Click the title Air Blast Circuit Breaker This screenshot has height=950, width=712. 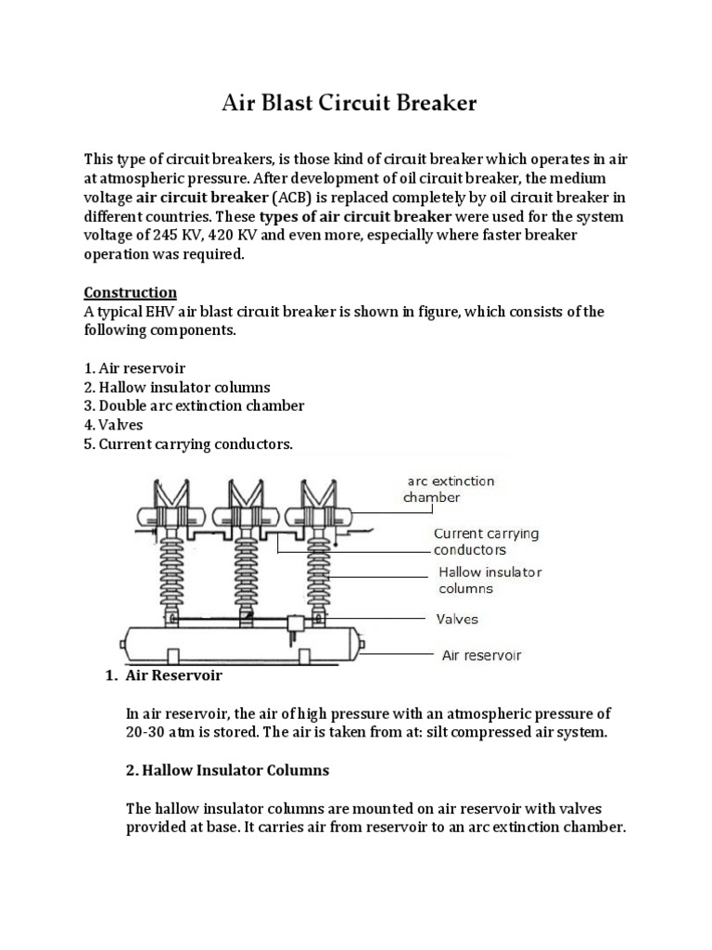(x=350, y=102)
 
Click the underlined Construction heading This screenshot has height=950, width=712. (x=130, y=293)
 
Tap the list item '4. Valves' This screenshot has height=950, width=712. (x=117, y=425)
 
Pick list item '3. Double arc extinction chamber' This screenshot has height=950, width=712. (x=194, y=405)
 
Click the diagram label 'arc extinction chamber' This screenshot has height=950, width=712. (x=451, y=489)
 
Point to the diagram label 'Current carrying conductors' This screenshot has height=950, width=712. (x=486, y=542)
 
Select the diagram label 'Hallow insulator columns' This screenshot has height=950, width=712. (x=489, y=581)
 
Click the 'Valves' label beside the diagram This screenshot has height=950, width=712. (x=458, y=619)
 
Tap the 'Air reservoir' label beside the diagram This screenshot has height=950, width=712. (x=481, y=655)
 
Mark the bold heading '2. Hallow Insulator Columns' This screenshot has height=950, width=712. (x=227, y=771)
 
